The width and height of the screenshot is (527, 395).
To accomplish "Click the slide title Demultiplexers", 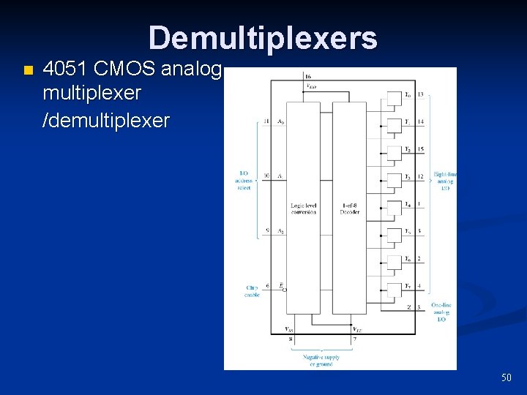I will click(x=263, y=38).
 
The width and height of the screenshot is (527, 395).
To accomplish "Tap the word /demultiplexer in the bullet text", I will click(x=106, y=120).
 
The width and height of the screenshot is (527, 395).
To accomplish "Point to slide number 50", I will click(x=506, y=377).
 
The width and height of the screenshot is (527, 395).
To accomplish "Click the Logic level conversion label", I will click(x=303, y=209).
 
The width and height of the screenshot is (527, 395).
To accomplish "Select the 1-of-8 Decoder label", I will click(x=349, y=209).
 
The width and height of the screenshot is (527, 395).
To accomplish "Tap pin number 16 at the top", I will click(x=308, y=77).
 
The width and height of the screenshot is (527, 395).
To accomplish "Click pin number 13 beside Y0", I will click(x=421, y=95).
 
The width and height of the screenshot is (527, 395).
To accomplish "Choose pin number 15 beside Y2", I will click(x=421, y=149).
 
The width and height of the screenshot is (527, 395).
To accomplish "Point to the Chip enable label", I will click(x=252, y=291).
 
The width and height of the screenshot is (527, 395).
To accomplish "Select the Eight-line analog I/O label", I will click(x=444, y=181).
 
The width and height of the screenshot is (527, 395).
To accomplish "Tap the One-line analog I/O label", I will click(x=441, y=312).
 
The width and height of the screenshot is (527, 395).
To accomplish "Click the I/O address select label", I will click(x=244, y=181).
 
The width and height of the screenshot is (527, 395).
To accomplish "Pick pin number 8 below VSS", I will click(x=290, y=339).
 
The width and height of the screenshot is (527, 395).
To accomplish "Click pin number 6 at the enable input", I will click(x=267, y=286).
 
